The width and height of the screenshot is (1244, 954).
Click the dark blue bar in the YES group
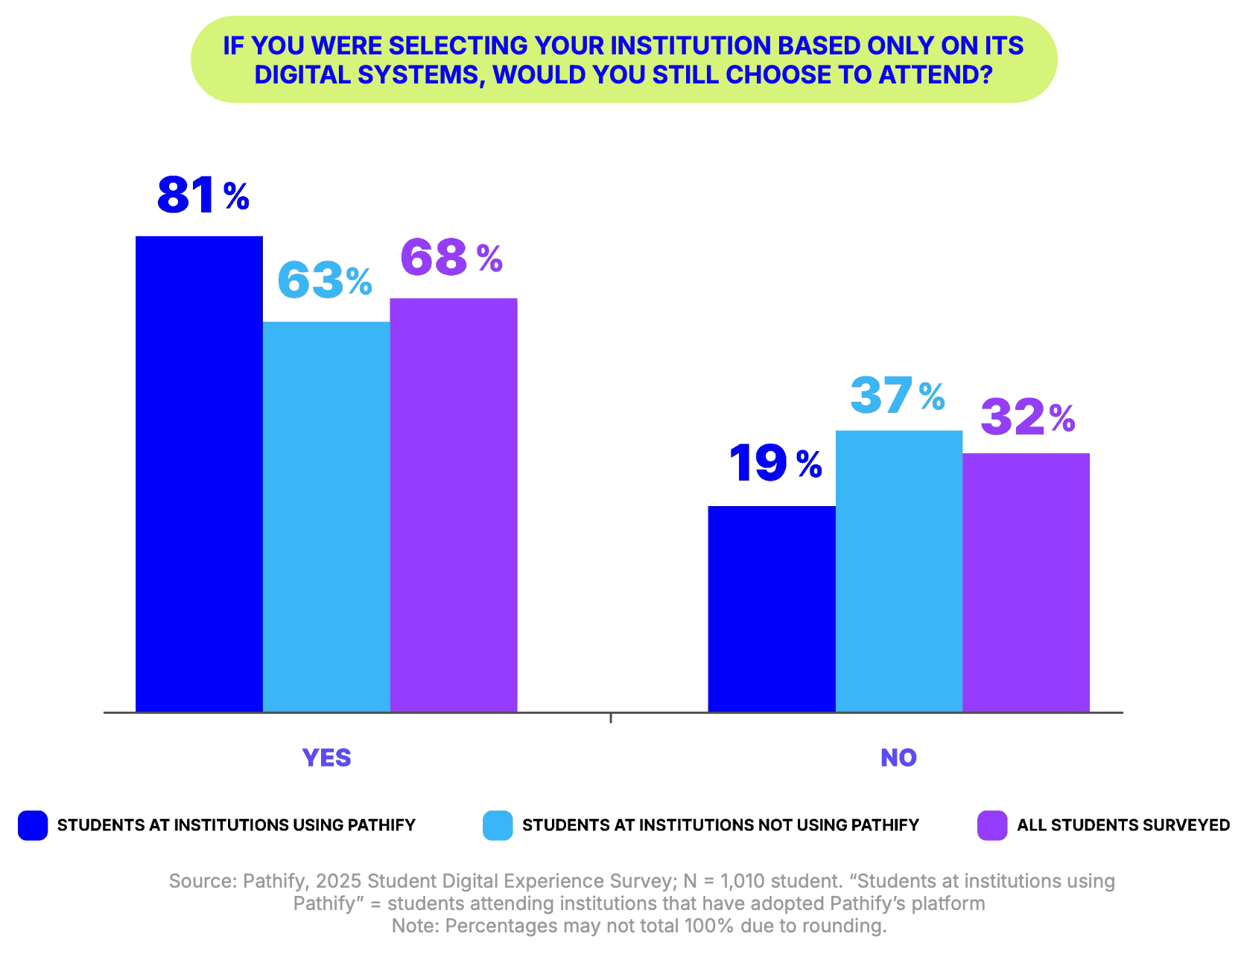coord(199,474)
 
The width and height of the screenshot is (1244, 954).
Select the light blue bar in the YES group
coord(326,517)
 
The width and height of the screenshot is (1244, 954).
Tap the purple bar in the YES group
coord(454,505)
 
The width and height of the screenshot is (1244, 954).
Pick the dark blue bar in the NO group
coord(772,609)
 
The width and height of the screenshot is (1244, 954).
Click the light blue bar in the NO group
coord(899,571)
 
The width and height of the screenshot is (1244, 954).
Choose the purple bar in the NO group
coord(1026,582)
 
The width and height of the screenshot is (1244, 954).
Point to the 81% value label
coord(203,195)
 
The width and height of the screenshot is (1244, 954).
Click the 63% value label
coord(325,281)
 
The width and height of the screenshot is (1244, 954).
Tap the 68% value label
coord(451,258)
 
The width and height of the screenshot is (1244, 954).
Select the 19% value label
coord(775,464)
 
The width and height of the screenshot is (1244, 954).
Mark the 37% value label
coord(898,396)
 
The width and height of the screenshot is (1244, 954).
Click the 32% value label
coord(1028,417)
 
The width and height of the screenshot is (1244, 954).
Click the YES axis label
coord(326,758)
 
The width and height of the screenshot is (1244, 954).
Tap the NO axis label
coord(898,758)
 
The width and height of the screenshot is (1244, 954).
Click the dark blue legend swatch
coord(33,825)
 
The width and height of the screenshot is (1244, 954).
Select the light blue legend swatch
coord(498,825)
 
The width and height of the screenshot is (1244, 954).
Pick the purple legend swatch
coord(992,825)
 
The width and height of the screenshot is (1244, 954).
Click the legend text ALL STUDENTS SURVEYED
coord(1123,825)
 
